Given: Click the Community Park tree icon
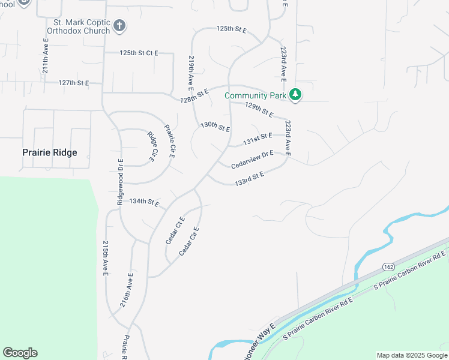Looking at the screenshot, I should pyautogui.click(x=295, y=95).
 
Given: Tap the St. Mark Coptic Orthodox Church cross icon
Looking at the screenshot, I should pyautogui.click(x=119, y=26).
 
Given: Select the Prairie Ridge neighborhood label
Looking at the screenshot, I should pyautogui.click(x=50, y=152).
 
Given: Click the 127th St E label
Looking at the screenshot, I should pyautogui.click(x=73, y=83).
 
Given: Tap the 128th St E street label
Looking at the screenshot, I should pyautogui.click(x=193, y=95).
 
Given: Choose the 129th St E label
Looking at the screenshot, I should pyautogui.click(x=259, y=110).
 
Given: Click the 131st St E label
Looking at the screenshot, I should pyautogui.click(x=258, y=139).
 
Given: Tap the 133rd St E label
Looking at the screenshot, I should pyautogui.click(x=250, y=177).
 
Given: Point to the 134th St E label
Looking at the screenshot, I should pyautogui.click(x=144, y=202).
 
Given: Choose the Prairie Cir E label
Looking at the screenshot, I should pyautogui.click(x=169, y=140).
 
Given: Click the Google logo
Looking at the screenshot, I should pyautogui.click(x=20, y=353).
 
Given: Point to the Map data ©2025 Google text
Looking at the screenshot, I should pyautogui.click(x=411, y=355).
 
